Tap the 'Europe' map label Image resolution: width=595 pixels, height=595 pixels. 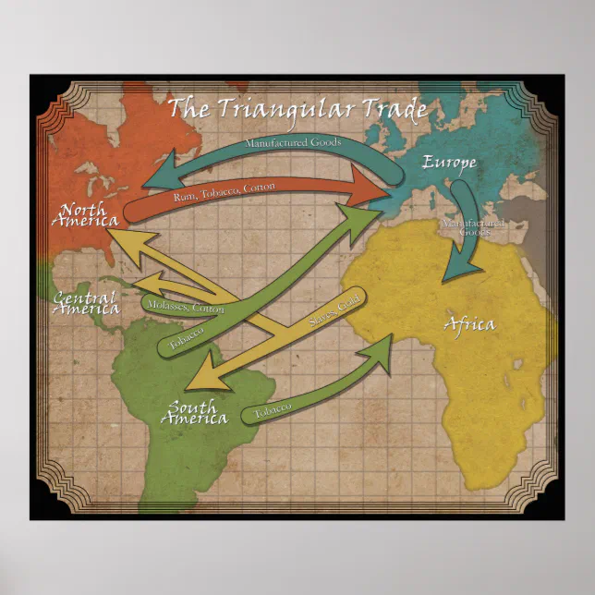click(450, 164)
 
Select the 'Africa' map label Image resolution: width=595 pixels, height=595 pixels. click(469, 324)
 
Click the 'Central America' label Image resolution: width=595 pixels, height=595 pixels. click(84, 302)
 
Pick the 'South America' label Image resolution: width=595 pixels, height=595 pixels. click(193, 412)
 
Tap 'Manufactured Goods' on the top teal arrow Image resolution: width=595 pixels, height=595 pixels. click(293, 143)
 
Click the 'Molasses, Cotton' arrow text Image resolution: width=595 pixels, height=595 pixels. click(185, 304)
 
